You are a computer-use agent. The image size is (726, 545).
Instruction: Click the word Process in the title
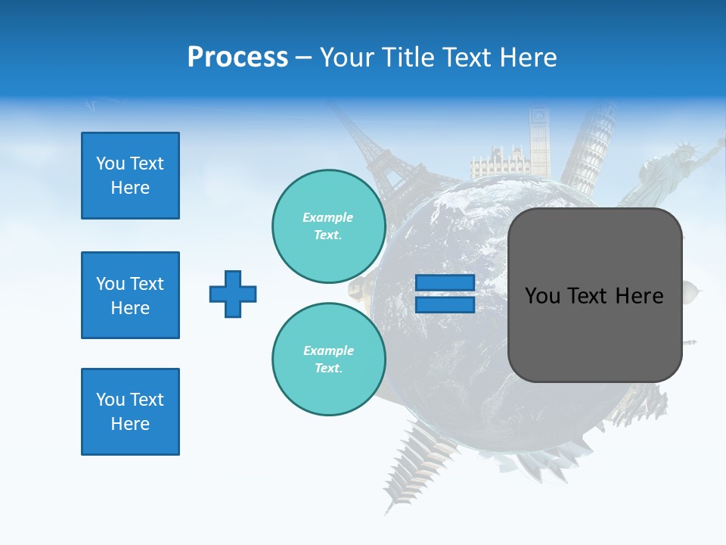pos(237,58)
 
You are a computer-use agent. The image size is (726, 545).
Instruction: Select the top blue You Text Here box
pos(130,176)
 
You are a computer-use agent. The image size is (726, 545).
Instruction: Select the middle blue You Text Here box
pos(130,295)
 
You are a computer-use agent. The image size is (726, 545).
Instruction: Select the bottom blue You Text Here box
pos(130,412)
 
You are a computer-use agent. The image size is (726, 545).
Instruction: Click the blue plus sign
pos(233,294)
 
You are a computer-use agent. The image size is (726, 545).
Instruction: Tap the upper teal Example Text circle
pos(329,226)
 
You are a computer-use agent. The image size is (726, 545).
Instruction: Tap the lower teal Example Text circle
pos(329,360)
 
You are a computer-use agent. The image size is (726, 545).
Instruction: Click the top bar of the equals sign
pos(445,283)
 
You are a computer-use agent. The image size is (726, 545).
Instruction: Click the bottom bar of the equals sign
pos(445,304)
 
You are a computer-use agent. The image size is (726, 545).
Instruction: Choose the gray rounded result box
pos(594,295)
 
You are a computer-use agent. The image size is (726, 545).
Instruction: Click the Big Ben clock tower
pos(539,140)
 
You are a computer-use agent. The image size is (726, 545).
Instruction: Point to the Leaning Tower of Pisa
pos(592,155)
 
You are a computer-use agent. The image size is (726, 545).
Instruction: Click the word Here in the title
pos(529,58)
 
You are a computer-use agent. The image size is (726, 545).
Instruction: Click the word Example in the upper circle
pos(328,217)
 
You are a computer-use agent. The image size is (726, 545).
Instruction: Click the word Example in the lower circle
pos(328,350)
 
